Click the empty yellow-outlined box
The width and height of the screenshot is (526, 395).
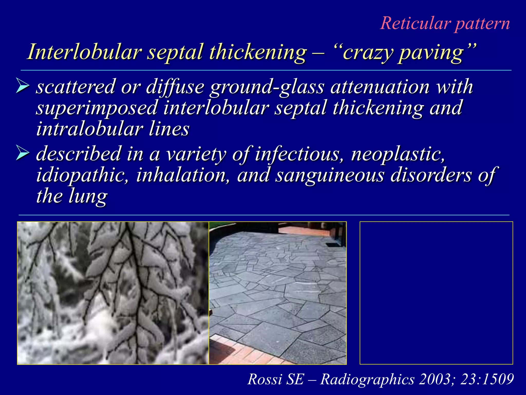click(x=436, y=293)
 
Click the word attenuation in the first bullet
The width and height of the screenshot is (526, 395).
click(x=380, y=87)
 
